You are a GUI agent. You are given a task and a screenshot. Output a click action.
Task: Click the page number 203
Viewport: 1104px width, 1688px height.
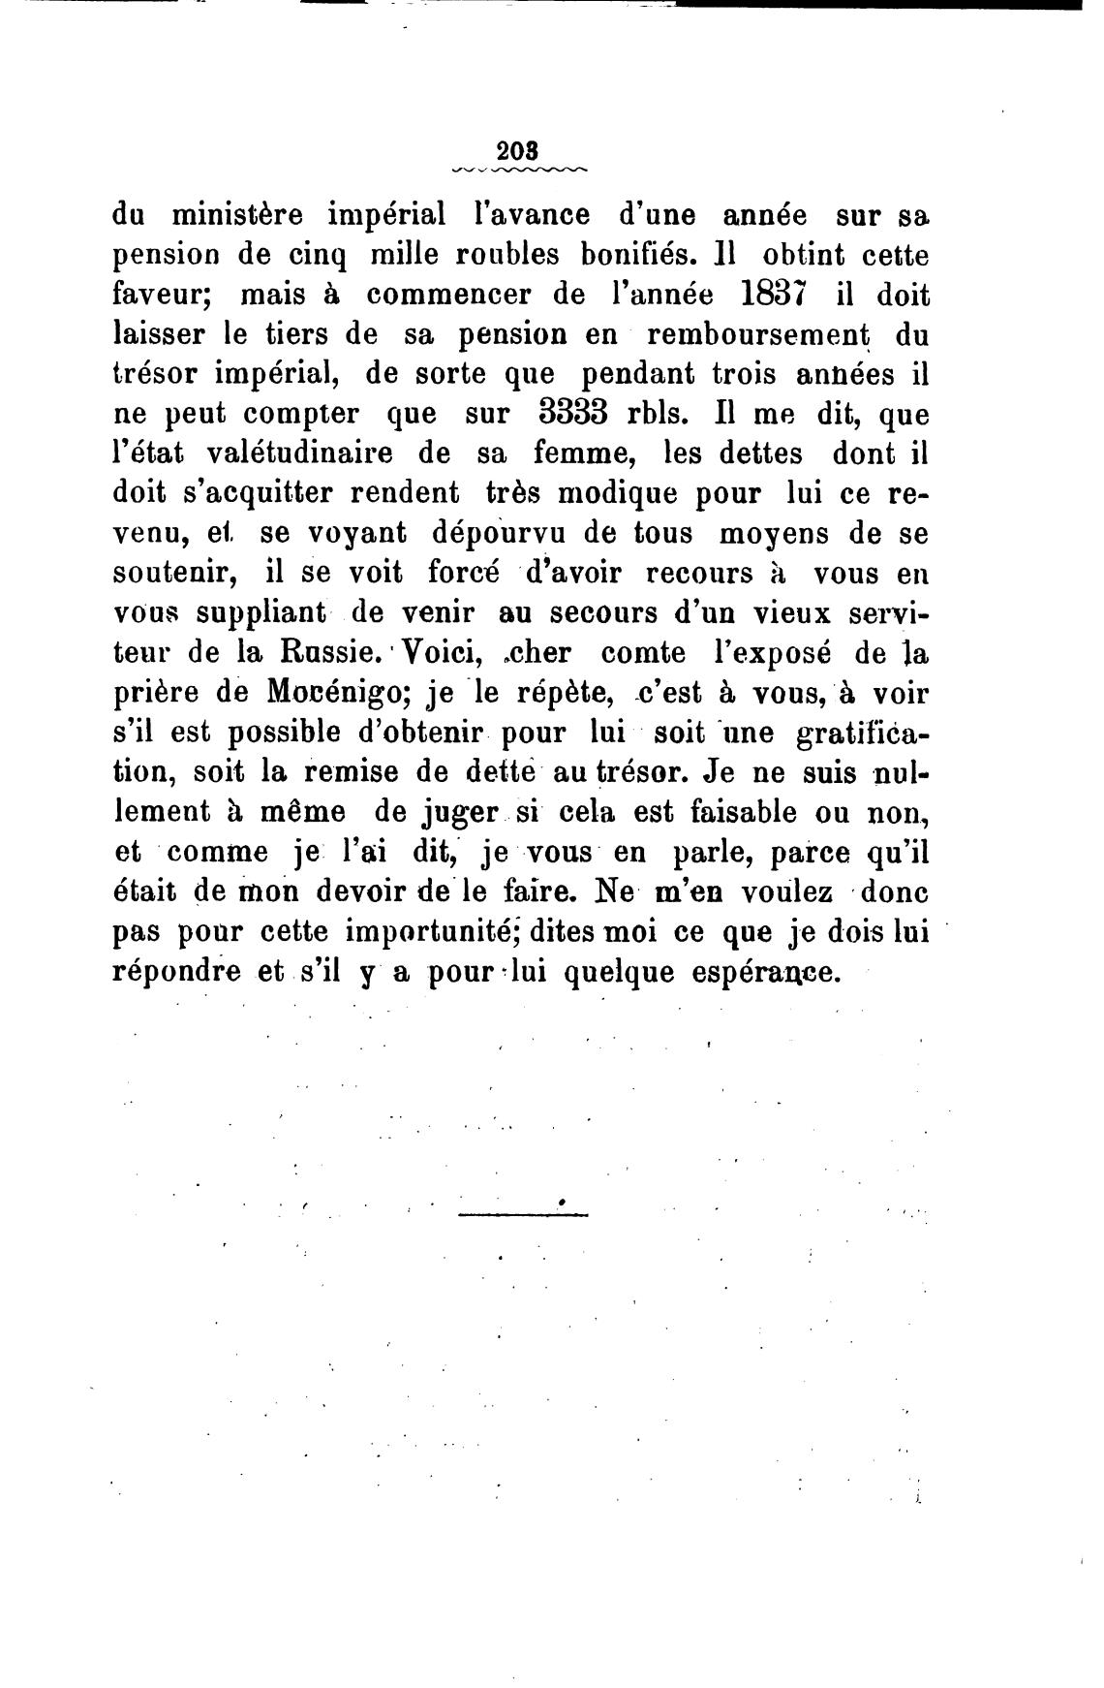[x=517, y=152]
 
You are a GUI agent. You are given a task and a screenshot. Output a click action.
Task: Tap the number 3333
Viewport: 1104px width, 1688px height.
[x=571, y=414]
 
